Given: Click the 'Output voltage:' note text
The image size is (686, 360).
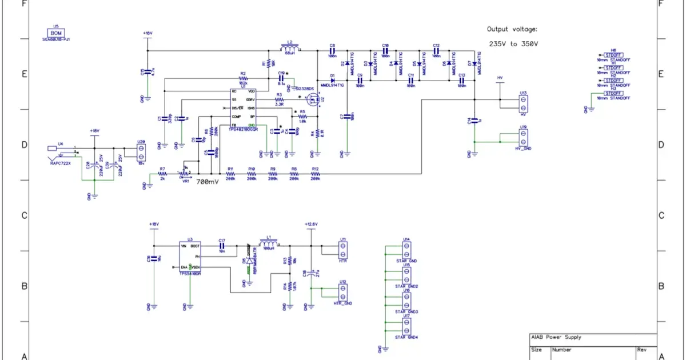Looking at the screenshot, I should tap(512, 29).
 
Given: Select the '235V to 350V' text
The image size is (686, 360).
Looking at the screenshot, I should tap(513, 43).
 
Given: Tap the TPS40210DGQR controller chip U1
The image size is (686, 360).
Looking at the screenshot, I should tap(243, 108).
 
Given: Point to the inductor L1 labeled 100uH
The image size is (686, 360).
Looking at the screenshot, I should tap(268, 245).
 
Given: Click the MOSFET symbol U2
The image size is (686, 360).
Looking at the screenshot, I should tap(313, 101).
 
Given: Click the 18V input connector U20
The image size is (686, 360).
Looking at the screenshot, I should tap(142, 153).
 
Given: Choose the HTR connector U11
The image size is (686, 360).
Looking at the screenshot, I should tap(342, 250).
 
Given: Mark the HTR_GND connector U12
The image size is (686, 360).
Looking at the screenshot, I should tap(342, 293).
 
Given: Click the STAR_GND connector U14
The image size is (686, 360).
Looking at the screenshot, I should tap(406, 250).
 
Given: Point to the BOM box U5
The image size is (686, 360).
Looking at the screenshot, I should tap(56, 33).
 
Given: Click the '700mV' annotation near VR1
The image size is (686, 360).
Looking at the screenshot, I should tap(207, 181).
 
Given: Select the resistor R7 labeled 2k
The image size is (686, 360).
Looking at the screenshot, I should tap(162, 174).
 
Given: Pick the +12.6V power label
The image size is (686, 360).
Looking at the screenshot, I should tap(311, 224).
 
